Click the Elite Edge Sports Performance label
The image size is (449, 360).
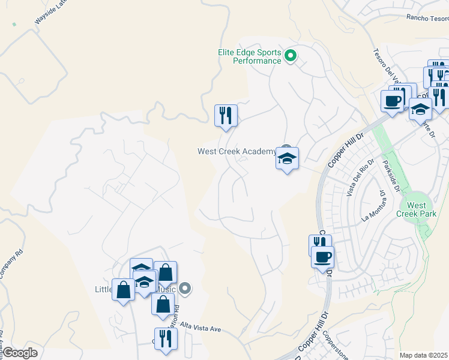pyautogui.click(x=249, y=56)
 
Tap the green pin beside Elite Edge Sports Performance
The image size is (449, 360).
pyautogui.click(x=291, y=56)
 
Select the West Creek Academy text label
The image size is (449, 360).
pyautogui.click(x=237, y=151)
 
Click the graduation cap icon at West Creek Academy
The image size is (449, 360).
pyautogui.click(x=287, y=159)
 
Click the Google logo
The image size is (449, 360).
pyautogui.click(x=20, y=353)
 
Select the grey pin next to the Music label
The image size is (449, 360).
pyautogui.click(x=185, y=289)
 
